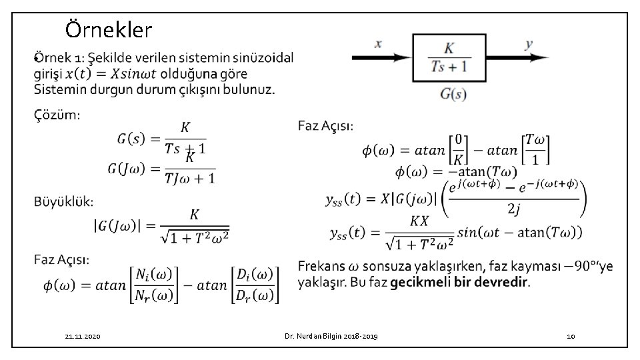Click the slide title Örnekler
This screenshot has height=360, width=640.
[x=109, y=29]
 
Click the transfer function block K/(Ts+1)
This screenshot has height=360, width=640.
[x=449, y=57]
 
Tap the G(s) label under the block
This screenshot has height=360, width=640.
[x=453, y=95]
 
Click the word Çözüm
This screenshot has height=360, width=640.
[x=57, y=115]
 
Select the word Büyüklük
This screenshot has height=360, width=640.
[x=63, y=201]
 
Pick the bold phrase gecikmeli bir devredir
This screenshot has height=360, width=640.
[x=460, y=282]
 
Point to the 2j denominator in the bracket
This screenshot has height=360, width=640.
[x=514, y=209]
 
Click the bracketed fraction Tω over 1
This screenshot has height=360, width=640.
[x=537, y=150]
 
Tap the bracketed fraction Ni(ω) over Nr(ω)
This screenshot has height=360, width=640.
[x=154, y=285]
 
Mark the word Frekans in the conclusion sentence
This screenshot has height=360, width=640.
[x=321, y=266]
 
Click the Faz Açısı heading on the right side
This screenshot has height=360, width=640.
[x=325, y=125]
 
